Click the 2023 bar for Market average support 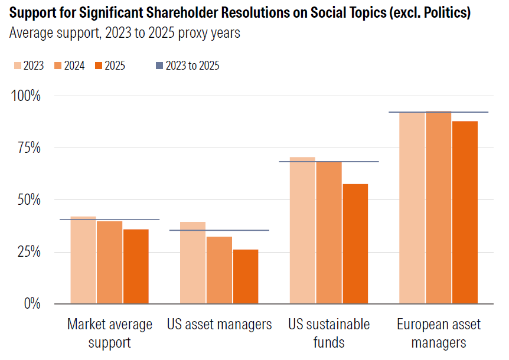pos(83,260)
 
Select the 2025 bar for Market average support pos(136,266)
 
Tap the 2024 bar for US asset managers pos(219,270)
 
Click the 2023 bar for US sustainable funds pos(302,230)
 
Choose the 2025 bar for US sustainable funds pos(355,244)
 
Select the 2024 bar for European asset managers pos(438,207)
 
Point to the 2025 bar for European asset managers pos(465,212)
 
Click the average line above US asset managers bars pos(219,230)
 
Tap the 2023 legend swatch pos(17,66)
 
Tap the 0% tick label pos(32,304)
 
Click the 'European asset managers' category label pos(438,333)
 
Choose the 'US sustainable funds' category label pos(329,333)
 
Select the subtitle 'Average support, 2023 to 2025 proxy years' pos(125,33)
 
